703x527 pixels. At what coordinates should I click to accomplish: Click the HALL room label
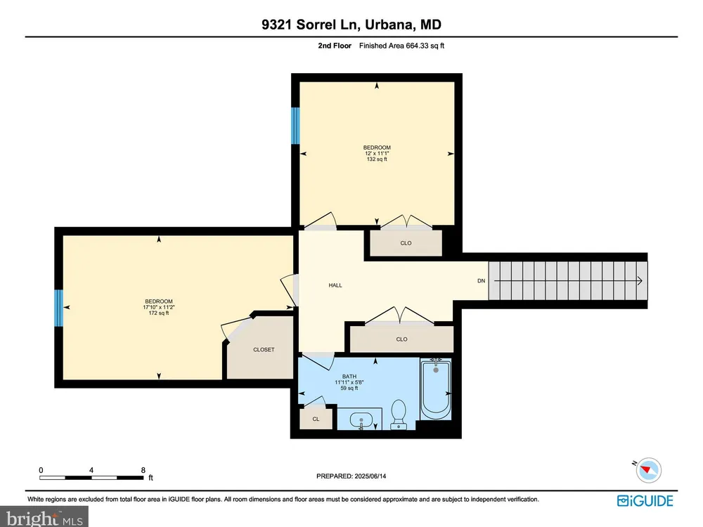[x=335, y=285]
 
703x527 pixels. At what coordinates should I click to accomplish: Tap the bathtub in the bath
[x=435, y=389]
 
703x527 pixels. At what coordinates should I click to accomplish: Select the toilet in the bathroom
[x=398, y=415]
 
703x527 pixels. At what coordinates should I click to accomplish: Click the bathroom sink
[x=361, y=421]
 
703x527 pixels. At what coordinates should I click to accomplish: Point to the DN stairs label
[x=481, y=281]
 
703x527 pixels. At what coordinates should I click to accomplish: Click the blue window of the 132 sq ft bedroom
[x=295, y=126]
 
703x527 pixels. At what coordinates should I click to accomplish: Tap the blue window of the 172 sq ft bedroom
[x=59, y=308]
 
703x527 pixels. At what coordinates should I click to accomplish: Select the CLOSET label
[x=264, y=349]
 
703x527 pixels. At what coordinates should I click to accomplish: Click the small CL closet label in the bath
[x=316, y=419]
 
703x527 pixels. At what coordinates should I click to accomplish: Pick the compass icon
[x=648, y=470]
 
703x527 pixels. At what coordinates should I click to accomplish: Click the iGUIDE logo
[x=645, y=500]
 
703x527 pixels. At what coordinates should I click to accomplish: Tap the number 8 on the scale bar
[x=143, y=470]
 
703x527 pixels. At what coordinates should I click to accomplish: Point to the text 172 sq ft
[x=159, y=313]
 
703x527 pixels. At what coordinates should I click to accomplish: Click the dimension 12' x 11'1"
[x=377, y=153]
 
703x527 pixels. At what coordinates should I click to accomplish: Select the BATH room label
[x=349, y=377]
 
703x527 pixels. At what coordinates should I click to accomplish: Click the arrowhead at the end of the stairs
[x=640, y=281]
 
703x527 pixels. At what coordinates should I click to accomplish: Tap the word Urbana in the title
[x=389, y=24]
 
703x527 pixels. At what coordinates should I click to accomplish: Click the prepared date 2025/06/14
[x=370, y=476]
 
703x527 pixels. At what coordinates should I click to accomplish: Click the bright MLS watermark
[x=44, y=518]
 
